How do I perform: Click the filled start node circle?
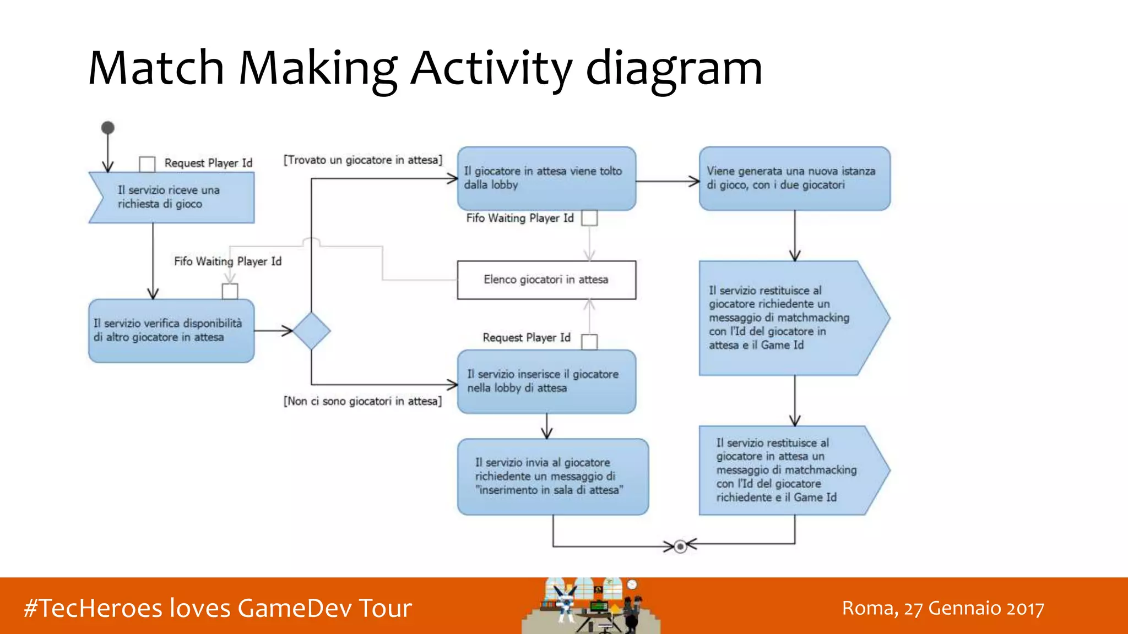coord(108,128)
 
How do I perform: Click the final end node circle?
coord(680,546)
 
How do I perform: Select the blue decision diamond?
coord(311,331)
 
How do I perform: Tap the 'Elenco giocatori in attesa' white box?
coord(546,280)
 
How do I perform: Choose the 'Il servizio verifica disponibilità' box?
coord(171,331)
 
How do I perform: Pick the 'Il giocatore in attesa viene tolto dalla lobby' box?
coord(546,178)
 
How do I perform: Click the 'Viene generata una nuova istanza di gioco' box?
coord(794,178)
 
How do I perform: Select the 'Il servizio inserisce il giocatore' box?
coord(546,381)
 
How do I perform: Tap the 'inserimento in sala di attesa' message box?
coord(552,477)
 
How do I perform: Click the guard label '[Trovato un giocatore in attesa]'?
coord(363,160)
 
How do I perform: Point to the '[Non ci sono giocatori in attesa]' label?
coord(362,401)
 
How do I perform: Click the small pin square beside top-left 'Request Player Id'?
coord(147,163)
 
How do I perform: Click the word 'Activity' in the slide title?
coord(491,68)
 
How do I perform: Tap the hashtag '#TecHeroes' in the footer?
coord(93,608)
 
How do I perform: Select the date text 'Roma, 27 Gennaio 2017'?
coord(943,608)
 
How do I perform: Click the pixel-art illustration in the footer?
coord(591,605)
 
